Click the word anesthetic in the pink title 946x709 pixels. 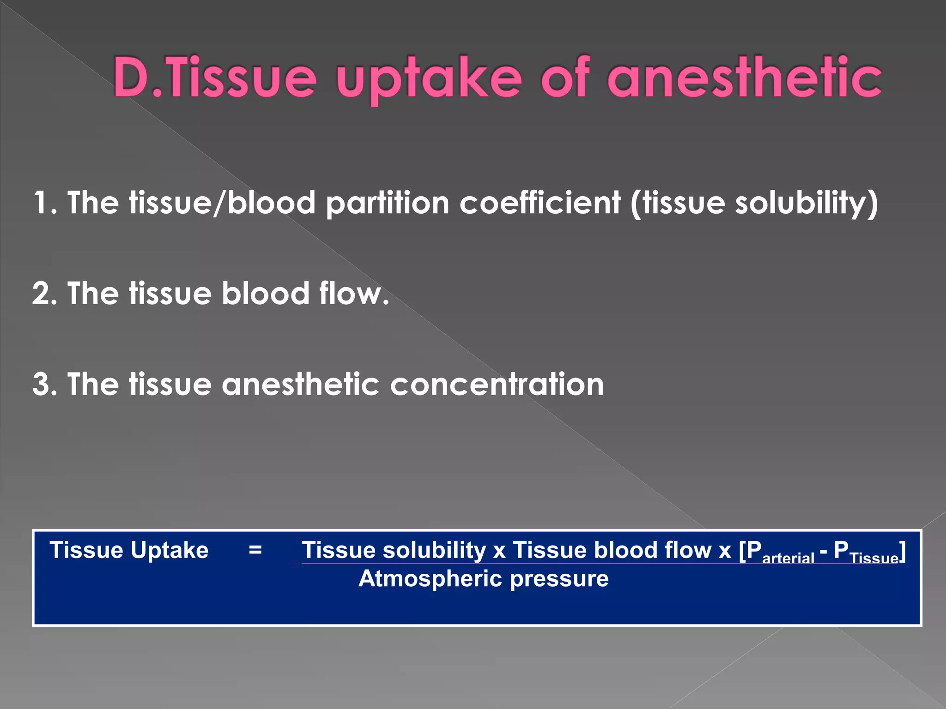point(744,78)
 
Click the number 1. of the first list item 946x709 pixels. point(45,203)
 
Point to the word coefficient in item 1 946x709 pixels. point(540,203)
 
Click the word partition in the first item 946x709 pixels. point(387,204)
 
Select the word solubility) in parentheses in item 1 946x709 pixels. point(807,204)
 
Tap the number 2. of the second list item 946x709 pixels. point(45,294)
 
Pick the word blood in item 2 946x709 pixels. point(265,294)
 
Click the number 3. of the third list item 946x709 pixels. point(45,385)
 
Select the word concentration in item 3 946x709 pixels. point(497,385)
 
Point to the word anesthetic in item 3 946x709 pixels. point(300,385)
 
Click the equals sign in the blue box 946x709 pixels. point(255,550)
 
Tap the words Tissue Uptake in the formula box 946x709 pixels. point(129,550)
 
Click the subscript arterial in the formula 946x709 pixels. point(788,559)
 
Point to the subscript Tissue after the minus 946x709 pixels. point(874,559)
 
